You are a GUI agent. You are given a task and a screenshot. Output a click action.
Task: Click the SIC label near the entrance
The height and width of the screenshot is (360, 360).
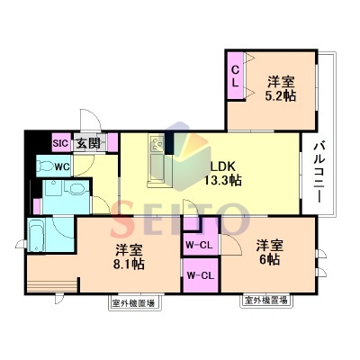click(61, 143)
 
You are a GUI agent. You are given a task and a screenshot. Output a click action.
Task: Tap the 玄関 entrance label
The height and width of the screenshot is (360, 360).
click(88, 143)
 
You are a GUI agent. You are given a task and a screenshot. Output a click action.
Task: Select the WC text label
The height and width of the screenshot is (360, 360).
click(63, 166)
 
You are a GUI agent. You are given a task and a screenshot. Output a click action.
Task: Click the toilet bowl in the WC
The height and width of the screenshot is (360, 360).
click(44, 166)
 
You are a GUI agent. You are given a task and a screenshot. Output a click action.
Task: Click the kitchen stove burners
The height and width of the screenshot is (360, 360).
click(157, 143)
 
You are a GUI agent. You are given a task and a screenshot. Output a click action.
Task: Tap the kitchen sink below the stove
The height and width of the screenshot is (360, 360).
click(157, 166)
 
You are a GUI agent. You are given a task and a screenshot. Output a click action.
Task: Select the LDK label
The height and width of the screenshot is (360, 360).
click(223, 166)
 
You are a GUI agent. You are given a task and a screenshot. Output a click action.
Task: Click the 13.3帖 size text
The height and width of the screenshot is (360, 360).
click(223, 180)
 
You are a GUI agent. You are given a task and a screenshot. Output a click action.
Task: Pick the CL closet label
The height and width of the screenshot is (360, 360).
click(236, 76)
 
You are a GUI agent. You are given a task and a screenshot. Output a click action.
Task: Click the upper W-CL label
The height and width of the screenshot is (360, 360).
click(199, 245)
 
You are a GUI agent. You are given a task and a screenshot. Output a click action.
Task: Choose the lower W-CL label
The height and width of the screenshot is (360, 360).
click(201, 275)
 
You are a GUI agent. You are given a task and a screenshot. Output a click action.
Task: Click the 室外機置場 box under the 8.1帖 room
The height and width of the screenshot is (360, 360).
click(134, 303)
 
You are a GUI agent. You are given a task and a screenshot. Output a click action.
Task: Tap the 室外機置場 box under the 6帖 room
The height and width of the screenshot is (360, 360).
click(265, 301)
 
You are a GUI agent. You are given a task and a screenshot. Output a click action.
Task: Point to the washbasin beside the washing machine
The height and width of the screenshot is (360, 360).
click(78, 189)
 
